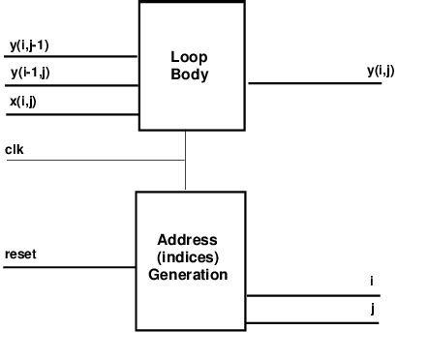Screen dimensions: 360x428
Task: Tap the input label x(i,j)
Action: pos(23,100)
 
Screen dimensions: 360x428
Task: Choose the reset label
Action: pos(19,255)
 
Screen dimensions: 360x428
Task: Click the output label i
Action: pos(371,282)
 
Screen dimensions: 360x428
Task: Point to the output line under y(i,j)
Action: pos(315,82)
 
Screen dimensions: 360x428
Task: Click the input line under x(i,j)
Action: pos(68,112)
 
